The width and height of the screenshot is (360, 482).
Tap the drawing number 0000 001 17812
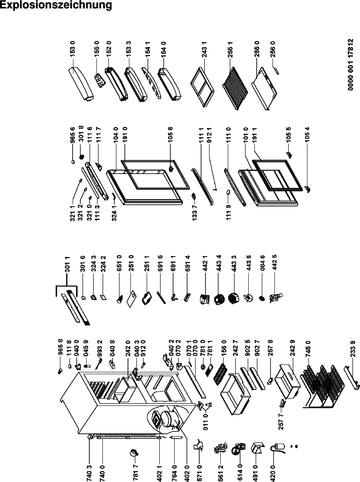(x=351, y=64)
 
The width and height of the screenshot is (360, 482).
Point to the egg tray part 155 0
(x=100, y=81)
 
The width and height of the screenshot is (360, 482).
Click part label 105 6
(x=170, y=134)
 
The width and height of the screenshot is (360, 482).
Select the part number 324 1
(x=114, y=213)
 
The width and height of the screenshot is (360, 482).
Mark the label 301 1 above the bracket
(x=68, y=264)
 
